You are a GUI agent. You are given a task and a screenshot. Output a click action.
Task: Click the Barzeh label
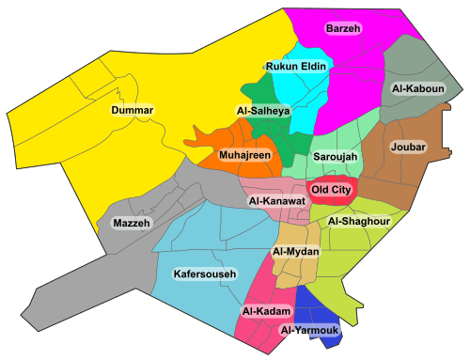tap(343, 28)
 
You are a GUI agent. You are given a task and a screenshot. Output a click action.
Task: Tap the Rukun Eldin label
tap(294, 67)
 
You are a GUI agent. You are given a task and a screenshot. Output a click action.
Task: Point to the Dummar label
tap(132, 111)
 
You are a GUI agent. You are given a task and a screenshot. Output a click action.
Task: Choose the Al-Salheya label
tap(264, 111)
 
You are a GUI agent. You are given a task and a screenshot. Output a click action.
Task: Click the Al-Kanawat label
tap(277, 201)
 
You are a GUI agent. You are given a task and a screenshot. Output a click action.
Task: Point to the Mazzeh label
tap(131, 223)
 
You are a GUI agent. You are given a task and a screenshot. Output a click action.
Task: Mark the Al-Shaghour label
tap(358, 221)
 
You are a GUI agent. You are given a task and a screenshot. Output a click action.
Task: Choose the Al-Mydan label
tap(296, 252)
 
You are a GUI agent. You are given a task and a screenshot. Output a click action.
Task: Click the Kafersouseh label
tap(204, 274)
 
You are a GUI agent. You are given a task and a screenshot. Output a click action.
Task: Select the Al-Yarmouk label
tap(308, 330)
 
